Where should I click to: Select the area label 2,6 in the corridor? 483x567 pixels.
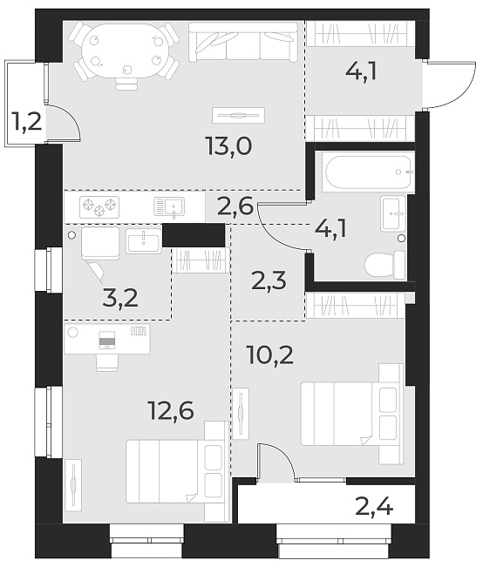234,208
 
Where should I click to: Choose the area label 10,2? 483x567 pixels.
270,355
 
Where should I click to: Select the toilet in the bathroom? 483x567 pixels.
387,263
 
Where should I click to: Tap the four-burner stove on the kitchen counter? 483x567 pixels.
99,207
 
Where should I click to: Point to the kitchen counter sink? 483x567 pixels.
171,207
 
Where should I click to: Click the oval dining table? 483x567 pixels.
123,50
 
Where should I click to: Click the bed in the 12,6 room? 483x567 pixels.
174,470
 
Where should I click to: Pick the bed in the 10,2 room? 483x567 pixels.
349,410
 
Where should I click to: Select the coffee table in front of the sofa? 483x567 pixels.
237,114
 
